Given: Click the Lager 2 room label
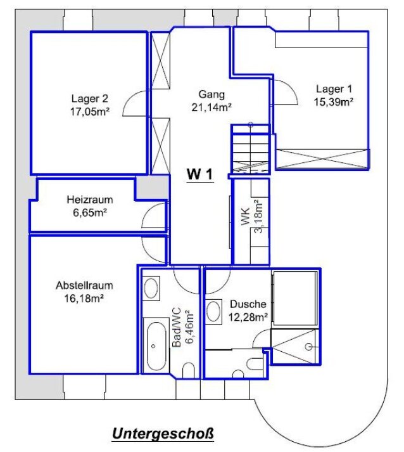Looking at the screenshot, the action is [89, 99].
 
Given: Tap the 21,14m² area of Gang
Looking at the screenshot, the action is [211, 107].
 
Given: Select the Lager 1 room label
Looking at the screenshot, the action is [334, 89].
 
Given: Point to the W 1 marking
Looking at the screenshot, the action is [200, 174].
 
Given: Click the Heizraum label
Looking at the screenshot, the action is [90, 200].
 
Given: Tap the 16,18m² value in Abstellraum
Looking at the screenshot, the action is [84, 299].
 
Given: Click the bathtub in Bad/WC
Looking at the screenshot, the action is [156, 345].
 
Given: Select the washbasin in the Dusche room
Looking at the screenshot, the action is [213, 311].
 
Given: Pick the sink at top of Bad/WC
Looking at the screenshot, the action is [151, 288].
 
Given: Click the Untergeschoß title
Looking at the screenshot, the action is [163, 434].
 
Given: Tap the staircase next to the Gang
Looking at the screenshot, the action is [251, 153].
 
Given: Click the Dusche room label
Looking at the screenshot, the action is [248, 304].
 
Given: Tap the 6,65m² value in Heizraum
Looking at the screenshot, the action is [90, 213].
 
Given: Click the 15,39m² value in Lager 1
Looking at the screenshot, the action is [334, 102].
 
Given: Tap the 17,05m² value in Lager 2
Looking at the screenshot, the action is [90, 112].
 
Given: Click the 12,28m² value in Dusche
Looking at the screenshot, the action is [248, 317].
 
